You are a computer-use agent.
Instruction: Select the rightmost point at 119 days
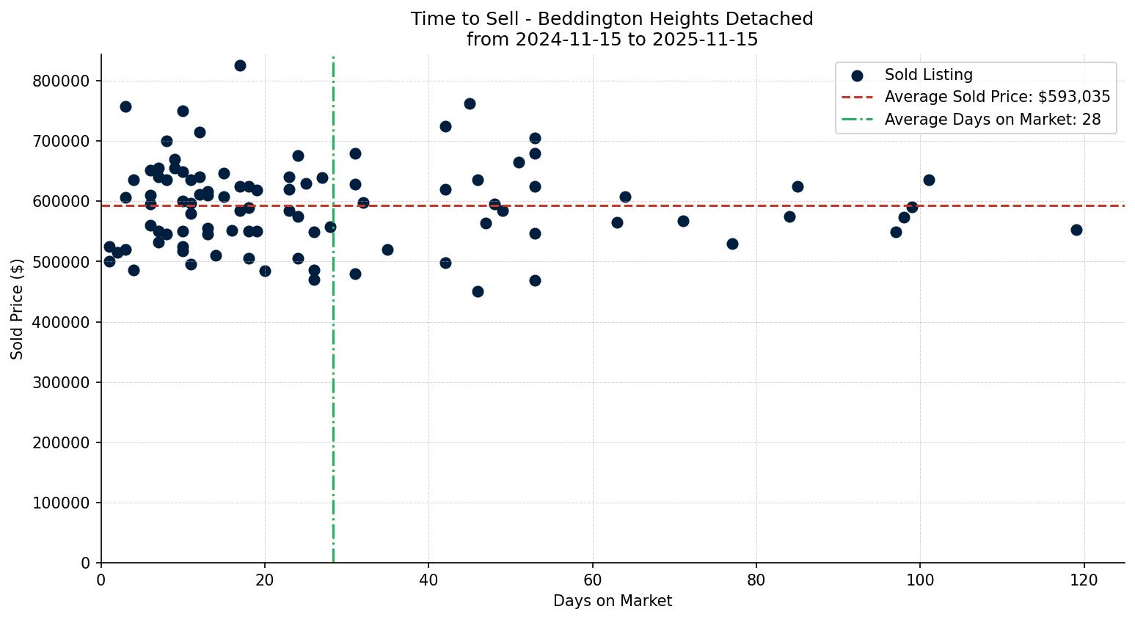click(x=1076, y=230)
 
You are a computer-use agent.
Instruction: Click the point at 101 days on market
click(x=929, y=180)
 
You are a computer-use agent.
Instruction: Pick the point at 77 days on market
click(x=732, y=244)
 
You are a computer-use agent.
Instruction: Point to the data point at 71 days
click(x=683, y=221)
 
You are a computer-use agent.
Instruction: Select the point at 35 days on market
click(x=387, y=249)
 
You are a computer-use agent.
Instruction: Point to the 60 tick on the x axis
click(x=593, y=580)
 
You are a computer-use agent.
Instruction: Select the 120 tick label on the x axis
click(x=1084, y=580)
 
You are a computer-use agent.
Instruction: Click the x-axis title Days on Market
click(x=613, y=601)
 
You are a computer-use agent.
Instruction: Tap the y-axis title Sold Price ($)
click(x=18, y=309)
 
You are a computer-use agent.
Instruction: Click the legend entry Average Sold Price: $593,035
click(x=997, y=97)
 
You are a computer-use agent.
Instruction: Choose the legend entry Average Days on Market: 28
click(x=992, y=120)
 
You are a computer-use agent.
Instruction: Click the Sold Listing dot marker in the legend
click(x=857, y=75)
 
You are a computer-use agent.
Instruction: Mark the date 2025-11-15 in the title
click(x=707, y=40)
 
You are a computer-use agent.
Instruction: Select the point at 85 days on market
click(x=798, y=186)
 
